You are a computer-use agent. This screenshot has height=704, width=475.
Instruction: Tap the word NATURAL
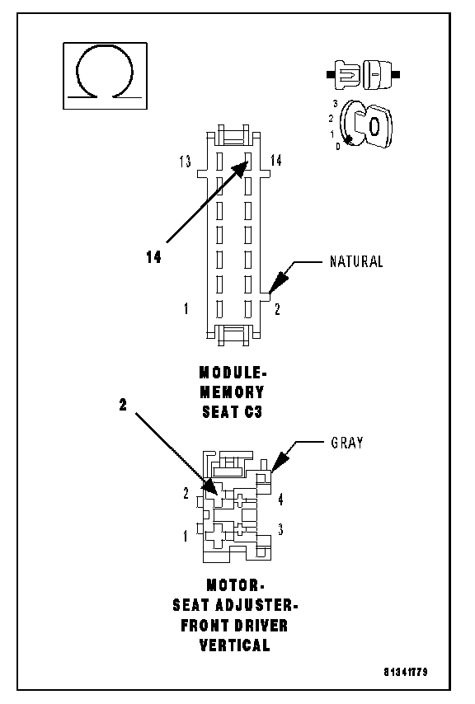[356, 261]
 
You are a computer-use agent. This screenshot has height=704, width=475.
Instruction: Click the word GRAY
[347, 443]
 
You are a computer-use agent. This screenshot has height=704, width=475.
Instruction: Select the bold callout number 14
[153, 257]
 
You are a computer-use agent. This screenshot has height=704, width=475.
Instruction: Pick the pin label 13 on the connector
[185, 162]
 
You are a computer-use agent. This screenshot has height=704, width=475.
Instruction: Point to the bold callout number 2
[123, 405]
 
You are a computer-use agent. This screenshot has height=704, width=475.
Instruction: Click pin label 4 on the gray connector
[280, 499]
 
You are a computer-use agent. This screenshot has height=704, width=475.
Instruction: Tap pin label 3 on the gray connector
[280, 529]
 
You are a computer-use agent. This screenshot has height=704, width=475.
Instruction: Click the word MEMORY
[232, 392]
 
